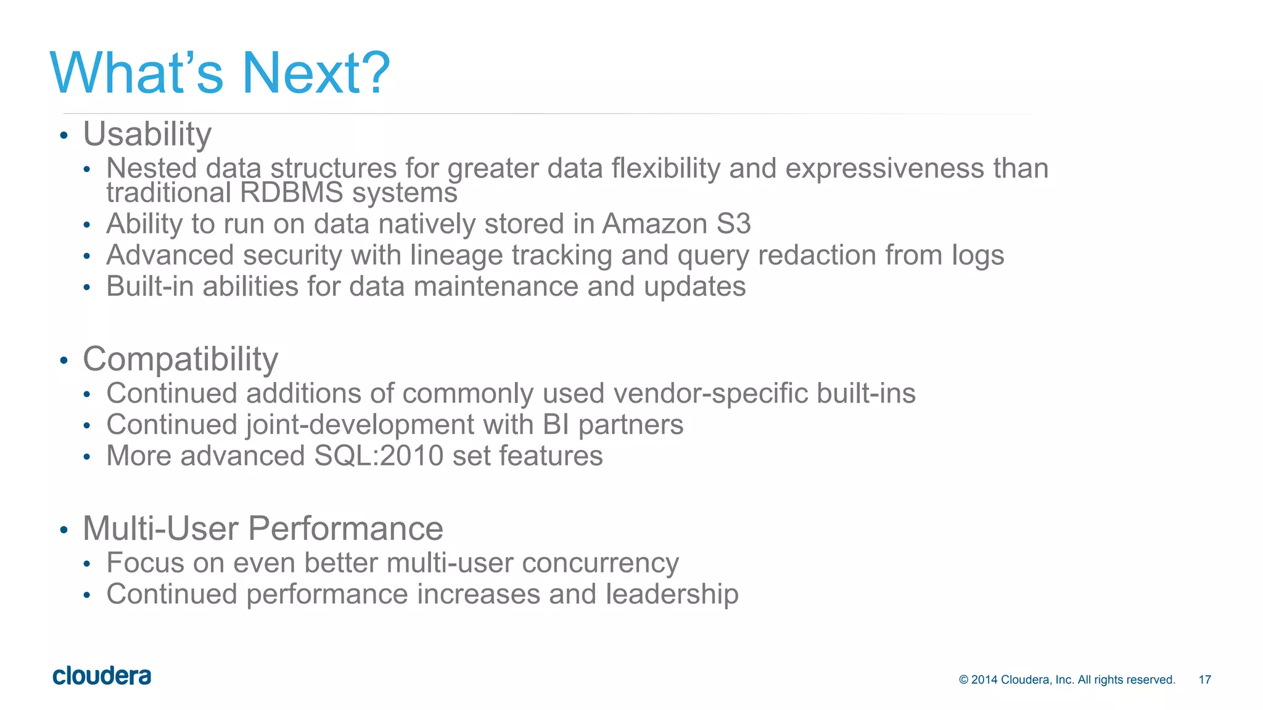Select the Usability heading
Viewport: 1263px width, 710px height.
[x=147, y=134]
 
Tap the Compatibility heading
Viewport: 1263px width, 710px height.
[x=180, y=359]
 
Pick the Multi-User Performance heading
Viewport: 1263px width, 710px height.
[x=263, y=528]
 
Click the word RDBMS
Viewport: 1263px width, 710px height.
[x=291, y=193]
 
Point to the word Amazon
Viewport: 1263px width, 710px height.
[x=654, y=224]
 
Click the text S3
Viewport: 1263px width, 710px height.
[x=733, y=224]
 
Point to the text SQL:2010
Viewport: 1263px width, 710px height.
[x=379, y=456]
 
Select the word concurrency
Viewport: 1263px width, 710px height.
[x=600, y=563]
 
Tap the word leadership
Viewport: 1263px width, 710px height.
[x=672, y=594]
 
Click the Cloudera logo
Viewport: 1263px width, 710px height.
[x=102, y=676]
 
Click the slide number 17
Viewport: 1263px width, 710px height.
[x=1204, y=680]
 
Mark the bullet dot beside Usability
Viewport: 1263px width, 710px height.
[x=64, y=136]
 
